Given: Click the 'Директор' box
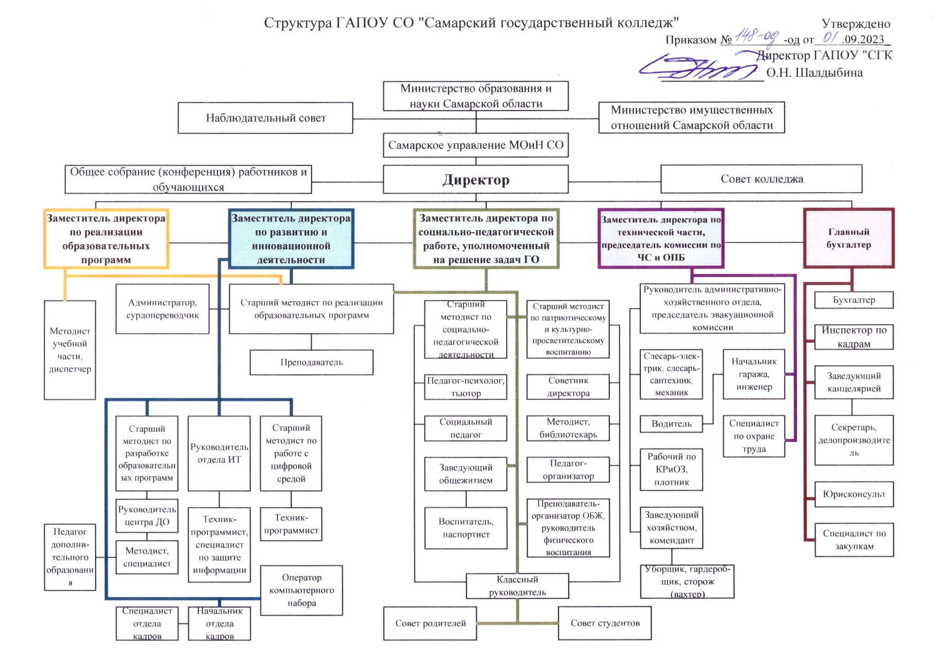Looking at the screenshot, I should (476, 179).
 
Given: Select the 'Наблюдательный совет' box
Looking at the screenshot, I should (266, 118).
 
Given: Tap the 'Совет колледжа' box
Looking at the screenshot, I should (761, 179).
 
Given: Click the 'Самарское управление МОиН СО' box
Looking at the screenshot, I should (476, 145).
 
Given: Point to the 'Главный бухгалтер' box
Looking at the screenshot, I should (849, 238).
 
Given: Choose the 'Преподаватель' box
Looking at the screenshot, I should (312, 362).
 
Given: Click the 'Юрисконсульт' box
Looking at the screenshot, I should (854, 494).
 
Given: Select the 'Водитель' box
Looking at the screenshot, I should (671, 424).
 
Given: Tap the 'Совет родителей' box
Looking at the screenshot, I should (430, 623).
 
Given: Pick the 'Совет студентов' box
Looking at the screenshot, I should (605, 623).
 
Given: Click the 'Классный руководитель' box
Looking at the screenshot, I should (517, 586).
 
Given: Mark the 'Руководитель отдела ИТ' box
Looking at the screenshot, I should (219, 453).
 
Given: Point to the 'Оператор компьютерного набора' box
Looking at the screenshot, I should (301, 590).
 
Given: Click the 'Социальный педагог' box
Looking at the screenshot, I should (466, 428).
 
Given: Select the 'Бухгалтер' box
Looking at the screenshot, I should (854, 300).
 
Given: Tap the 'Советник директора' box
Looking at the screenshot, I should (568, 387).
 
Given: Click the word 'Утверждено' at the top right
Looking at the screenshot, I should (856, 23).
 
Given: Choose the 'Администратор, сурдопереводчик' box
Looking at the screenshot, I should (162, 309).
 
